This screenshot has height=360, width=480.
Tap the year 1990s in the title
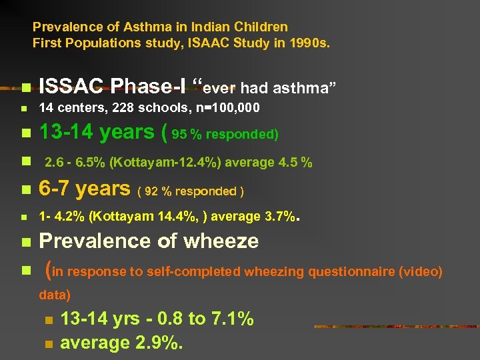(310, 44)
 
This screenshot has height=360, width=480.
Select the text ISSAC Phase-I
(113, 86)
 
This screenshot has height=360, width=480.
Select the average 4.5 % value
(289, 162)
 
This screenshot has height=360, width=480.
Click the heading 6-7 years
(84, 189)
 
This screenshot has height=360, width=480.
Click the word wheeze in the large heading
(221, 241)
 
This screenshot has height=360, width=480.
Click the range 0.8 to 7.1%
(200, 319)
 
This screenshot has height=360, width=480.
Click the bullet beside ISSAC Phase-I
(25, 87)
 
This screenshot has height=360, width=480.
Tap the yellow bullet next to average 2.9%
(48, 344)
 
